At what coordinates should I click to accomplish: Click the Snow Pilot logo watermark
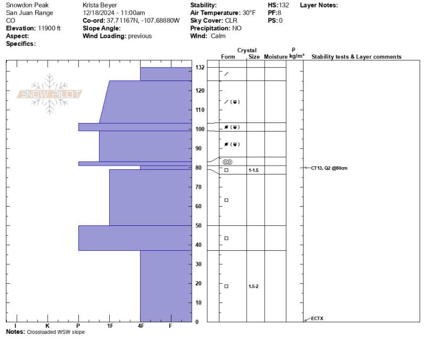(50, 94)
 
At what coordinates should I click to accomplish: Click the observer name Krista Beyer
(100, 5)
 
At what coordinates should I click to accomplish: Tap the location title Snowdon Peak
(27, 5)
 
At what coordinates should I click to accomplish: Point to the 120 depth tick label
(200, 91)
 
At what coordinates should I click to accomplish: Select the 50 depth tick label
(198, 225)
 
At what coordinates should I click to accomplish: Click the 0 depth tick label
(196, 322)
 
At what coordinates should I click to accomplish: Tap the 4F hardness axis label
(141, 326)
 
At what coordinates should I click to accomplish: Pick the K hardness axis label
(47, 326)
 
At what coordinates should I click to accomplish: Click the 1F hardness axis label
(110, 326)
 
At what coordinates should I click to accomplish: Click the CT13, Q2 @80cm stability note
(329, 168)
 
